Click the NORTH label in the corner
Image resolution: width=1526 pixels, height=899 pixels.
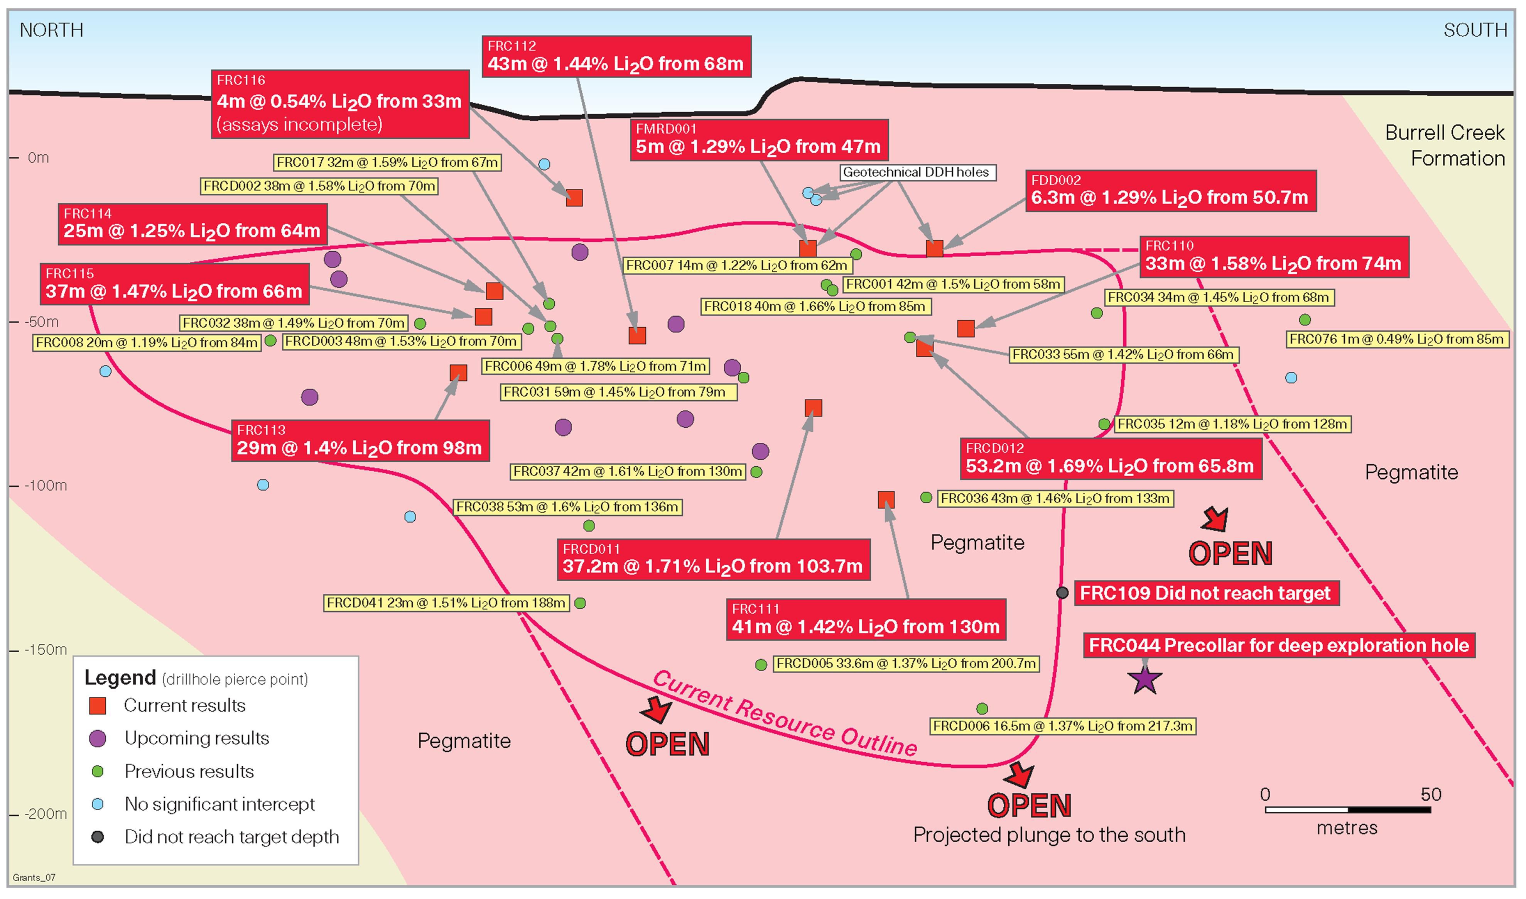51,30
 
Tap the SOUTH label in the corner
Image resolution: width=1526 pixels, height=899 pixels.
1475,30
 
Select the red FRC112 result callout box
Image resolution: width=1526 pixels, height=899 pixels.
616,56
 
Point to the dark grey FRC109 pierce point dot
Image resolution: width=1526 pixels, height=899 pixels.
1062,593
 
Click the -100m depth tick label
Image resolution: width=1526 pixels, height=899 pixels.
46,485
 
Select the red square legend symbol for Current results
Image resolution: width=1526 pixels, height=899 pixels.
98,706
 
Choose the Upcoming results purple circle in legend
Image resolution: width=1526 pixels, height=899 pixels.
98,738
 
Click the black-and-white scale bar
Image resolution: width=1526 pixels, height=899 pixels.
1347,809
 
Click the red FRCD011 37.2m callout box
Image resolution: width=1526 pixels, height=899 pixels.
713,560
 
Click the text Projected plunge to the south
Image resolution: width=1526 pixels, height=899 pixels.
1049,835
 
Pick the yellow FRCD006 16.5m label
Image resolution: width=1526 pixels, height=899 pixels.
1063,726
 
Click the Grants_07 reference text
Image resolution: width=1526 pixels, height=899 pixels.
34,877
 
